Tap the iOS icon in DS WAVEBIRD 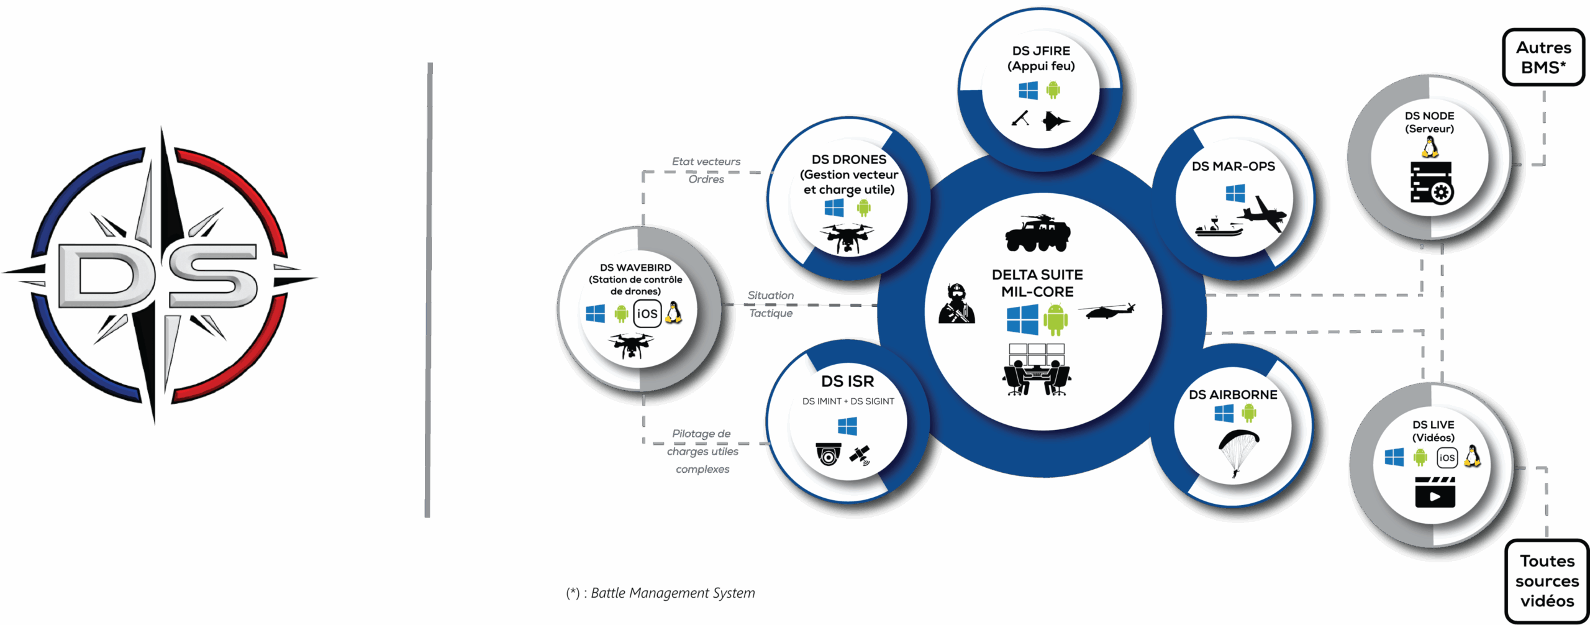[x=647, y=314]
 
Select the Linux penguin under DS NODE [x=1430, y=147]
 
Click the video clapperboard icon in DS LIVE [x=1435, y=492]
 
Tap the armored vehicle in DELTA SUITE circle [x=1038, y=234]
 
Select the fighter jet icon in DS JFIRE [x=1055, y=120]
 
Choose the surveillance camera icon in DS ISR [x=829, y=454]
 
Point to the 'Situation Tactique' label [x=771, y=304]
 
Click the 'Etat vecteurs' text [x=706, y=162]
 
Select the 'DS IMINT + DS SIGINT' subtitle [x=848, y=401]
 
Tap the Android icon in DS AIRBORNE [x=1249, y=413]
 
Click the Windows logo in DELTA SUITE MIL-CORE [x=1022, y=320]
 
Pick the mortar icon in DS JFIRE [x=1020, y=118]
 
